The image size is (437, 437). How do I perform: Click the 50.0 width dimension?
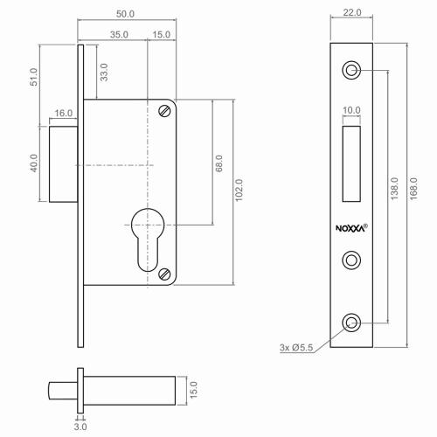(x=127, y=15)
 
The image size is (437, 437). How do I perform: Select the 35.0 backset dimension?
(x=119, y=34)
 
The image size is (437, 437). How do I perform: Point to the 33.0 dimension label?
(x=104, y=72)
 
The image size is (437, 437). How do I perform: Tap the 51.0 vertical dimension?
(x=34, y=77)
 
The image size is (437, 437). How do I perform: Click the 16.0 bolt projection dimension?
(x=63, y=113)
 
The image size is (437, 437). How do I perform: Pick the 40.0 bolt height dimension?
(x=35, y=163)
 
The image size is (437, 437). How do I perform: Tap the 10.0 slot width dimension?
(x=351, y=110)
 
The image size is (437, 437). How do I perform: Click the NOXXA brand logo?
(x=351, y=228)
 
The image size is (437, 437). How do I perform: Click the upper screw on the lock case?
(x=166, y=110)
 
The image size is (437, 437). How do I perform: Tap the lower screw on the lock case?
(x=166, y=274)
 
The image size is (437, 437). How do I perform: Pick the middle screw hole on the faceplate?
(x=352, y=260)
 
